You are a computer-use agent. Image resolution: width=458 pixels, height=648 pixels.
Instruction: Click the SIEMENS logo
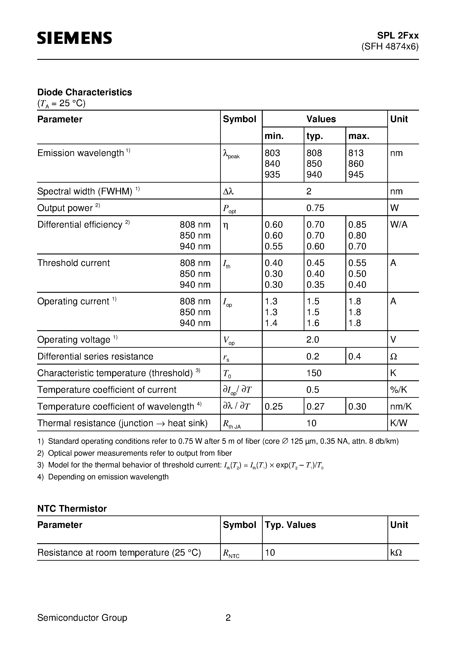tap(74, 38)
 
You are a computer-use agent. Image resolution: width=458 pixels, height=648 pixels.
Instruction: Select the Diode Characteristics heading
tap(84, 92)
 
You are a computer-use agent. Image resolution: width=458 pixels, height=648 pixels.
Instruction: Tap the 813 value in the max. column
tap(356, 153)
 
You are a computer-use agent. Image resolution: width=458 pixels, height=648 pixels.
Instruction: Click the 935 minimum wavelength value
tap(272, 174)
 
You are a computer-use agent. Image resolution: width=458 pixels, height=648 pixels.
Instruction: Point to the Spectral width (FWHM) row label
tap(85, 191)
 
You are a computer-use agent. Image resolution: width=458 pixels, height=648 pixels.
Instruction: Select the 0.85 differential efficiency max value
tap(357, 225)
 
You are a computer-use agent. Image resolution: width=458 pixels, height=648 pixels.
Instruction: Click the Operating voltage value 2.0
tap(312, 340)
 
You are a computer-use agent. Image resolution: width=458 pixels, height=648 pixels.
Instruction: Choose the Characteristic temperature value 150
tap(314, 373)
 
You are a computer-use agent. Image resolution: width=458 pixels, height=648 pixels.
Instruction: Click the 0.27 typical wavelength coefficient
tap(315, 406)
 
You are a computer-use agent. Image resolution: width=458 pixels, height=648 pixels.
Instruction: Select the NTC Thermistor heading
tap(72, 509)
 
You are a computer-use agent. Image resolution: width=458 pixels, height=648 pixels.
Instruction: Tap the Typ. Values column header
tap(290, 525)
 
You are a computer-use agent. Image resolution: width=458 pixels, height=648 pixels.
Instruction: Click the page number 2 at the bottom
tap(228, 617)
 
